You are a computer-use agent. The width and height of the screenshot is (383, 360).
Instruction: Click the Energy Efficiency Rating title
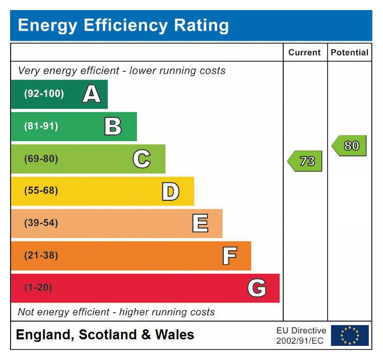click(123, 25)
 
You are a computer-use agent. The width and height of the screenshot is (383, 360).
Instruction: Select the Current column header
click(304, 52)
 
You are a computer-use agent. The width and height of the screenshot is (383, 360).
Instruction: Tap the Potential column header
click(349, 52)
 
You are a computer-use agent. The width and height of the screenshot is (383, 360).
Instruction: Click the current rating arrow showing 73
click(305, 161)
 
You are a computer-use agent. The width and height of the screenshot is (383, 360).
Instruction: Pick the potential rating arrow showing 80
click(350, 146)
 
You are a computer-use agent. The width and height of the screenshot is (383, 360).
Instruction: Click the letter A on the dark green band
click(91, 94)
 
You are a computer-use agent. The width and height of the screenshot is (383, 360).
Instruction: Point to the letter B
click(113, 126)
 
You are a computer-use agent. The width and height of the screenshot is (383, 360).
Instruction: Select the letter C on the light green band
click(142, 159)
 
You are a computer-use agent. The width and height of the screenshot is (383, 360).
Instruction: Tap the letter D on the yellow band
click(170, 191)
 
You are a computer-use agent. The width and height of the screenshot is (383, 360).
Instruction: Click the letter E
click(200, 224)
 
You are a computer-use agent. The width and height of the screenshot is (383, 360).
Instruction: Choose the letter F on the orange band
click(229, 256)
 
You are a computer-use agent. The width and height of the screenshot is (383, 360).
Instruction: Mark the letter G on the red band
click(257, 288)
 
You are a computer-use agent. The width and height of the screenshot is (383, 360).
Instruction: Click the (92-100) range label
click(44, 94)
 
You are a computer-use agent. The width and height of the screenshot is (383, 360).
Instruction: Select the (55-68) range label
click(41, 191)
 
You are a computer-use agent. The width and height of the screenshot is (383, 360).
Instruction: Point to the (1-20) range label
click(38, 288)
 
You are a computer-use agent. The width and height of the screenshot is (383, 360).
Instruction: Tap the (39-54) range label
click(41, 223)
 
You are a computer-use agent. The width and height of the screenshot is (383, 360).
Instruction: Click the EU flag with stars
click(350, 335)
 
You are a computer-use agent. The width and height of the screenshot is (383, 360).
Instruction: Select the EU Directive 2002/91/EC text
click(301, 335)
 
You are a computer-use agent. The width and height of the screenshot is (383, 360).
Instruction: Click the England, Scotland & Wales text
click(105, 335)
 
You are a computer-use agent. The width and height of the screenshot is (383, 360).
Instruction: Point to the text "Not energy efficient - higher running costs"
click(116, 312)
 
